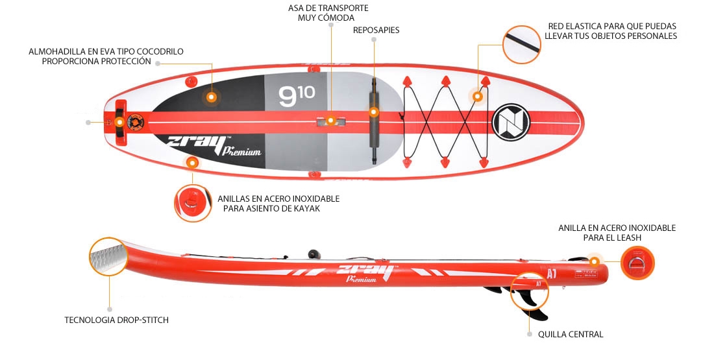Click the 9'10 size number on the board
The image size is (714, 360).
tap(297, 97)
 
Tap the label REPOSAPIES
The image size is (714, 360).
tap(376, 30)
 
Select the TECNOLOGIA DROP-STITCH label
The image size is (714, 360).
tap(117, 320)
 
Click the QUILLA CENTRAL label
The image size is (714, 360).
tap(571, 334)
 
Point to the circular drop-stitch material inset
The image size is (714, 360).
tap(108, 255)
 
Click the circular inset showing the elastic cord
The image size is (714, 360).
tap(521, 44)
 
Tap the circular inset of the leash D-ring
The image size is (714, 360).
tap(637, 263)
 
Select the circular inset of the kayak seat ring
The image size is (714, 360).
tap(192, 203)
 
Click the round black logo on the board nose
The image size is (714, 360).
tap(511, 121)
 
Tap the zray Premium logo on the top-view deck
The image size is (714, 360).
tap(214, 145)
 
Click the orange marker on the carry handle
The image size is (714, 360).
tap(330, 120)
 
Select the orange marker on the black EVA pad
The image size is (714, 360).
tap(211, 97)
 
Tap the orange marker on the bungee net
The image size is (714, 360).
tap(477, 96)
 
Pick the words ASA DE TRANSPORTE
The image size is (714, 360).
tap(328, 8)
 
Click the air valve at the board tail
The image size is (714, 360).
tap(135, 121)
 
